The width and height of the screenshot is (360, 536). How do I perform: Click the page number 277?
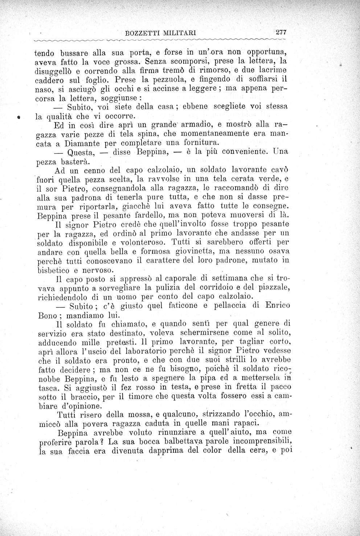[x=281, y=32]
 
